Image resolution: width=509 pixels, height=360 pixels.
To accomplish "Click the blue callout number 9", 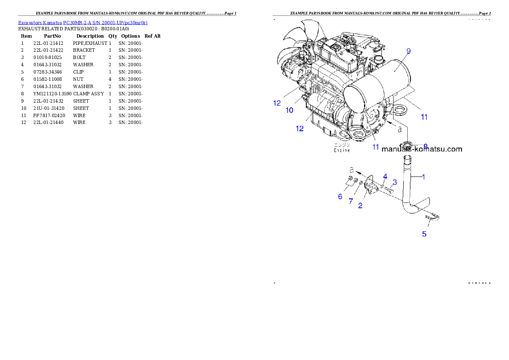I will coord(408,51).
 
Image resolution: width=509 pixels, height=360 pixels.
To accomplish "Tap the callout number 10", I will coord(290,110).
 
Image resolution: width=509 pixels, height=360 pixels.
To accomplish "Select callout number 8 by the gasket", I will coord(425,146).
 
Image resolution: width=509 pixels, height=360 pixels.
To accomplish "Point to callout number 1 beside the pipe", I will coord(423,177).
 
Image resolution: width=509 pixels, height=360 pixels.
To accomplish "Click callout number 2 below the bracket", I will coord(360,205).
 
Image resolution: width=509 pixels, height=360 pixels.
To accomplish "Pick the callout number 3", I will coord(395,182).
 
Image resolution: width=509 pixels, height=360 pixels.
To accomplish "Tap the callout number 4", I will coord(385,176).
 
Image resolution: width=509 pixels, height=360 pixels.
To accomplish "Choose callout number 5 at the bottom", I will coord(424,234).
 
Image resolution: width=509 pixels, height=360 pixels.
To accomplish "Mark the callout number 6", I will coord(340,196).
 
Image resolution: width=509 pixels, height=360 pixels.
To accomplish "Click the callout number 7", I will coord(351,201).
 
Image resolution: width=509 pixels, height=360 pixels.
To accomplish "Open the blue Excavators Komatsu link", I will coord(83,23).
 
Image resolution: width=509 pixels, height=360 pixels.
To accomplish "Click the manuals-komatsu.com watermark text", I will coord(421,149).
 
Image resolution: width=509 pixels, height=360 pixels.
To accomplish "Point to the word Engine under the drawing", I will coord(342,150).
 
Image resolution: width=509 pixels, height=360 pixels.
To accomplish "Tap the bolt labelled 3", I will coord(389,189).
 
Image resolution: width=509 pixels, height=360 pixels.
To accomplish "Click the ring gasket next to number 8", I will coord(408,145).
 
